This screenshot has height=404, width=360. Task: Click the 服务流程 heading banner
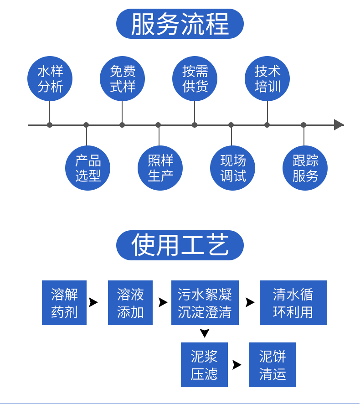(180, 24)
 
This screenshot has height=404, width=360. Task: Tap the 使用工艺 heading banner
(180, 245)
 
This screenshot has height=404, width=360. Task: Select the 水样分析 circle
(50, 78)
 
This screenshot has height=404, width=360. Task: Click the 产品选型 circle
(87, 168)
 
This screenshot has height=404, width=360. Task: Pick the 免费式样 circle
(122, 78)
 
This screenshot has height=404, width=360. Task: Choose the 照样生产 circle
(160, 168)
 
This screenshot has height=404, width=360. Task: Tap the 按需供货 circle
(195, 78)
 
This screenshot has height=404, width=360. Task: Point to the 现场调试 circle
(232, 168)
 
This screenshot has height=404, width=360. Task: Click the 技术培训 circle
(267, 78)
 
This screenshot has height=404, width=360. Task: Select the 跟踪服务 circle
(305, 168)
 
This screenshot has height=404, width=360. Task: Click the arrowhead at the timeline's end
(339, 124)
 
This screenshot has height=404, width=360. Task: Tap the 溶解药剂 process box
(64, 303)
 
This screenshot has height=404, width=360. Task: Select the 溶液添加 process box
(130, 303)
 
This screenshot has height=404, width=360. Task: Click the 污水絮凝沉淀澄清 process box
(205, 303)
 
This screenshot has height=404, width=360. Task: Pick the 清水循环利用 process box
(293, 303)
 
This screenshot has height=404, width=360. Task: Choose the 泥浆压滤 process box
(204, 365)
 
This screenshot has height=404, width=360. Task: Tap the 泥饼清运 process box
(272, 365)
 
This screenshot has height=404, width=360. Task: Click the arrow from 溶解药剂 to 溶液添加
(93, 302)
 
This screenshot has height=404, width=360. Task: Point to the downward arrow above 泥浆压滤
(205, 333)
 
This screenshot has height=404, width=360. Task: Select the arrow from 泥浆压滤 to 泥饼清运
(237, 365)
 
